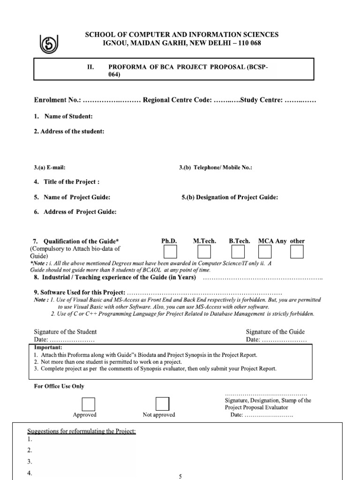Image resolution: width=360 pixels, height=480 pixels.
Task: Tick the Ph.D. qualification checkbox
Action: [170, 252]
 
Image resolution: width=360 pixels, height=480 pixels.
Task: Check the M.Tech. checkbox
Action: [204, 252]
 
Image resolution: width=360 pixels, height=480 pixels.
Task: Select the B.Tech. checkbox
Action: [239, 252]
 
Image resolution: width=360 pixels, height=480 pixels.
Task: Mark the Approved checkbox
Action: [88, 404]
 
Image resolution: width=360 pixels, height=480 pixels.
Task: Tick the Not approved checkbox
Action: [162, 404]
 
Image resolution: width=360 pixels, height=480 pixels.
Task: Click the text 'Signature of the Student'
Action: [65, 331]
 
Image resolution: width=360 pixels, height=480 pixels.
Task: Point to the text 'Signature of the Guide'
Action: [275, 331]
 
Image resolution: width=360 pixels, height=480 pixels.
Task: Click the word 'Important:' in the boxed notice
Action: [48, 347]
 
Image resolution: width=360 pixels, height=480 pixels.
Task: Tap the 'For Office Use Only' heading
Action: [59, 386]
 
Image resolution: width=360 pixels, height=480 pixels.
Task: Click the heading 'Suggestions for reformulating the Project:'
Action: [82, 431]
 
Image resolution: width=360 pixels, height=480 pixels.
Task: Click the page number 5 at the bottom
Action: [180, 476]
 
